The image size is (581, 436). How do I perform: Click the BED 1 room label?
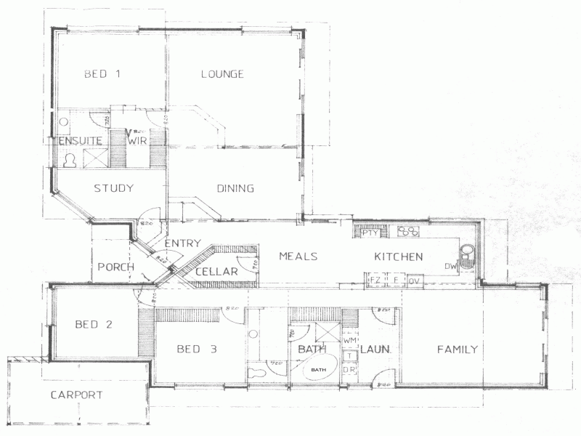click(101, 73)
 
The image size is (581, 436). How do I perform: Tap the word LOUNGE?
click(222, 73)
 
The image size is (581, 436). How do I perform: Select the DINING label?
click(235, 189)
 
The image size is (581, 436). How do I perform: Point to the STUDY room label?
click(113, 189)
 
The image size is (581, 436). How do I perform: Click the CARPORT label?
click(76, 395)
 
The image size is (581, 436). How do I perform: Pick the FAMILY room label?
click(457, 350)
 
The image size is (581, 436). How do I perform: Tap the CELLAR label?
click(216, 272)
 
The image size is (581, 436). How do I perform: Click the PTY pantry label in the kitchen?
click(370, 233)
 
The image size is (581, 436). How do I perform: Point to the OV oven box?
click(415, 280)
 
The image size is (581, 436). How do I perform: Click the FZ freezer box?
click(376, 280)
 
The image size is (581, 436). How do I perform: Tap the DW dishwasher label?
click(451, 267)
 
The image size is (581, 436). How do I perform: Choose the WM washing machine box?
click(349, 339)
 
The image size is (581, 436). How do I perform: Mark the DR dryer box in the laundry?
click(349, 371)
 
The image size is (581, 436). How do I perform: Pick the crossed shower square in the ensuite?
click(94, 158)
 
